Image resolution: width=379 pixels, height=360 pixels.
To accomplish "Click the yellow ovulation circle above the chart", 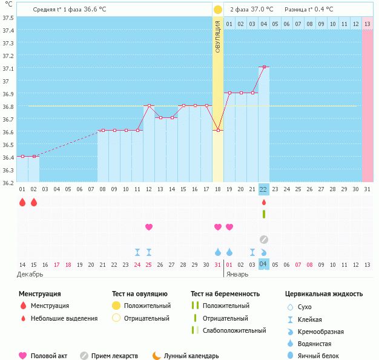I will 217,10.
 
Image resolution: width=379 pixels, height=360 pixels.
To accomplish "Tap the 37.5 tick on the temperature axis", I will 8,18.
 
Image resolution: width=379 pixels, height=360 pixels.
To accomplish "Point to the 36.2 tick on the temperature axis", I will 8,182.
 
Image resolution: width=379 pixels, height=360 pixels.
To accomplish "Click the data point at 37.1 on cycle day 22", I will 263,67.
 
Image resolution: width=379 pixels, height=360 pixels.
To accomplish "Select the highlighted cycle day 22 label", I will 263,189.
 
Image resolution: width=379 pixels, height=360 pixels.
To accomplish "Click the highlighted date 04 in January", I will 263,264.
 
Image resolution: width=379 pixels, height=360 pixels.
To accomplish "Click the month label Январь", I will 237,274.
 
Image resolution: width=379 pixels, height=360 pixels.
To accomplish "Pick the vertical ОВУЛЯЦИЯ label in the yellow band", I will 218,36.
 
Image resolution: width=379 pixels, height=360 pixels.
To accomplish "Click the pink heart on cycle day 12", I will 149,227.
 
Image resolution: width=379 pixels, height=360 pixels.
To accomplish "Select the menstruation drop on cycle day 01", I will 22,202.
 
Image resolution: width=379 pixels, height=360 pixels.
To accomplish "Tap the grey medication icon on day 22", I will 263,240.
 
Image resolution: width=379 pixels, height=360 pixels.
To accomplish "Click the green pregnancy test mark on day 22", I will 263,214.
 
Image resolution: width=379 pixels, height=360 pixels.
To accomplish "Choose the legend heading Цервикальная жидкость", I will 324,293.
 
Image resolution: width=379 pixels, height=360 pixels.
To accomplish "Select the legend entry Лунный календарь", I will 191,356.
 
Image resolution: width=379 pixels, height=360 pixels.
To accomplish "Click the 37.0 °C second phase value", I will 262,9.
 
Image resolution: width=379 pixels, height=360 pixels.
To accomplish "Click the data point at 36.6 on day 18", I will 218,130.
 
